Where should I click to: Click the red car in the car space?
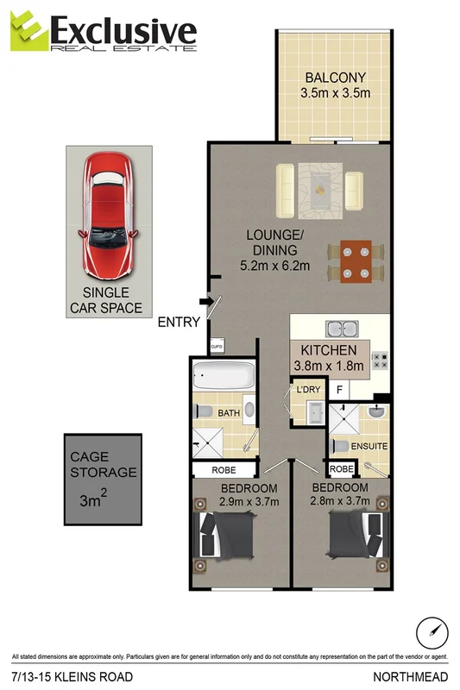coord(109,214)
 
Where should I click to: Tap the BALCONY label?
coord(335,78)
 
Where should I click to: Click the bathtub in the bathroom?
coord(224,377)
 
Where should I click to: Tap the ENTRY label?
coord(179,323)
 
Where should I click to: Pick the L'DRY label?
coord(308,390)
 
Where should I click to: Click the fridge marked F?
coord(340,390)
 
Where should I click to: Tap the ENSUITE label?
coord(369,447)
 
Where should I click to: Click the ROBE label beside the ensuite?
coord(341,469)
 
